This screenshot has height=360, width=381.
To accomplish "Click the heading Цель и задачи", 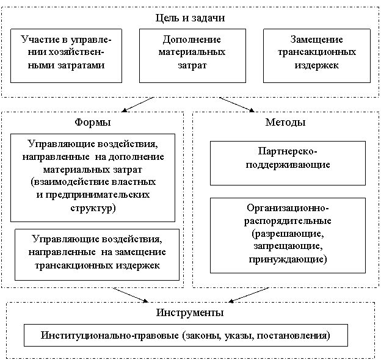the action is [x=190, y=18].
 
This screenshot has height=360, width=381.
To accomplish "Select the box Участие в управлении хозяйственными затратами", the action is [x=66, y=56].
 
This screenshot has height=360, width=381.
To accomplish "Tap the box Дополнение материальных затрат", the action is [x=192, y=56].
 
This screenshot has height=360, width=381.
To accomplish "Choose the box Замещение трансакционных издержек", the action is [x=317, y=56].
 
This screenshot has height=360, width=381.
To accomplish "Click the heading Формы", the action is [x=93, y=122].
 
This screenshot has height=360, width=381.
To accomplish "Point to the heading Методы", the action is [x=285, y=122].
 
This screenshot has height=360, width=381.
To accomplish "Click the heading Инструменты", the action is [x=190, y=312].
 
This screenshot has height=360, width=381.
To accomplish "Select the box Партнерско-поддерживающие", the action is [x=288, y=163].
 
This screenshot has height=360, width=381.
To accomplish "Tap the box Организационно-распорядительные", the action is [x=288, y=236].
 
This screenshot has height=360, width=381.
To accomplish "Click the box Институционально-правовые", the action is [x=186, y=335].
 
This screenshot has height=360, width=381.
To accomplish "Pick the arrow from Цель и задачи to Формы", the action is [x=138, y=104].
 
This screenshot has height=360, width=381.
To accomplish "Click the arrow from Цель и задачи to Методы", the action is [x=237, y=104].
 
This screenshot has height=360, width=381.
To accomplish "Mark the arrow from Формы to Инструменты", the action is [x=131, y=295].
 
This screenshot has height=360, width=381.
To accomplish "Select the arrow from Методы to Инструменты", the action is [x=249, y=295].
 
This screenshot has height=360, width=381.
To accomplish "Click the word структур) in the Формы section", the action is [x=93, y=208].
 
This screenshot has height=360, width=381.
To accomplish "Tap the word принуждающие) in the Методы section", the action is [x=288, y=259].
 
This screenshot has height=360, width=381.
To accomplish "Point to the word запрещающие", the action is [x=288, y=246].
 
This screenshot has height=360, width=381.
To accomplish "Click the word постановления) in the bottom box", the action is [x=294, y=336].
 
